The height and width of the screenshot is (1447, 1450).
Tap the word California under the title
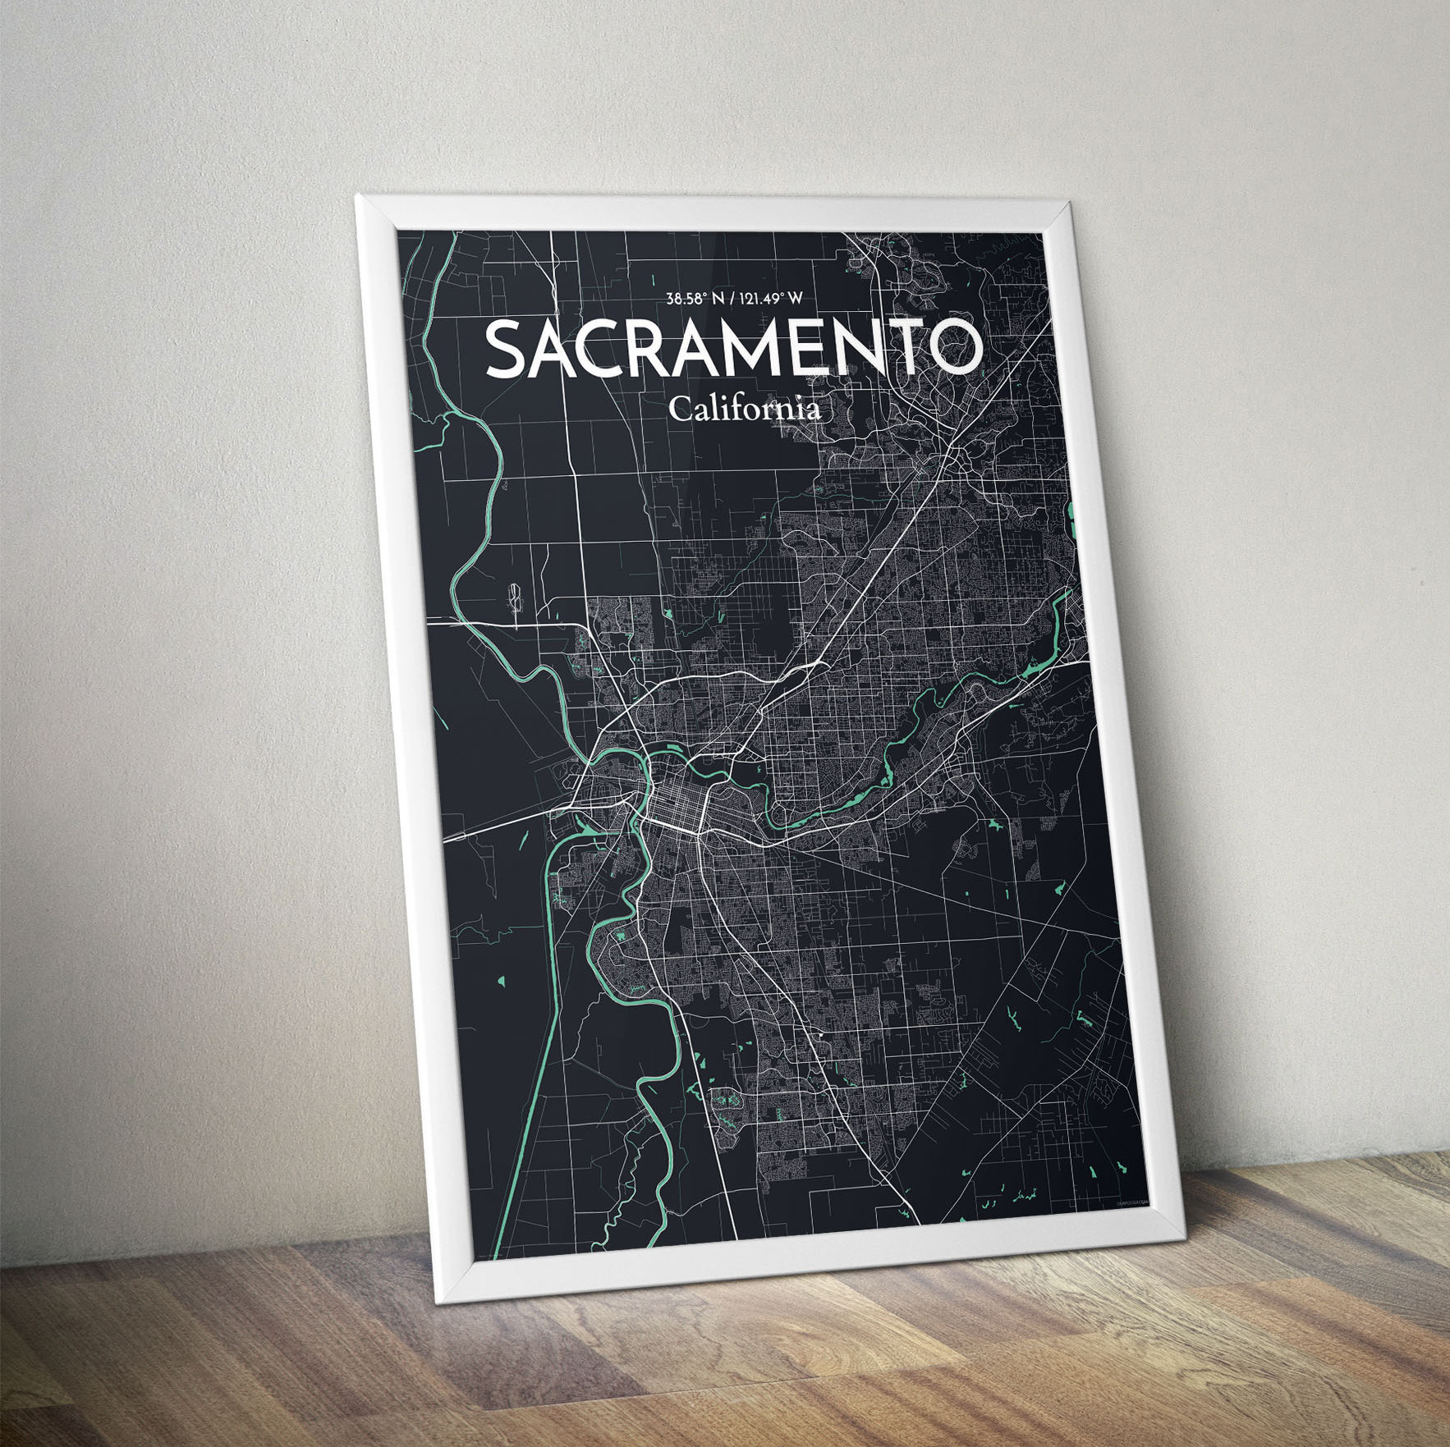click(x=744, y=409)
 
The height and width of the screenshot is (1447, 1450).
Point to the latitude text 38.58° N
click(x=695, y=299)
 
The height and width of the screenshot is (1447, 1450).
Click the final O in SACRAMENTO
click(x=954, y=348)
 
